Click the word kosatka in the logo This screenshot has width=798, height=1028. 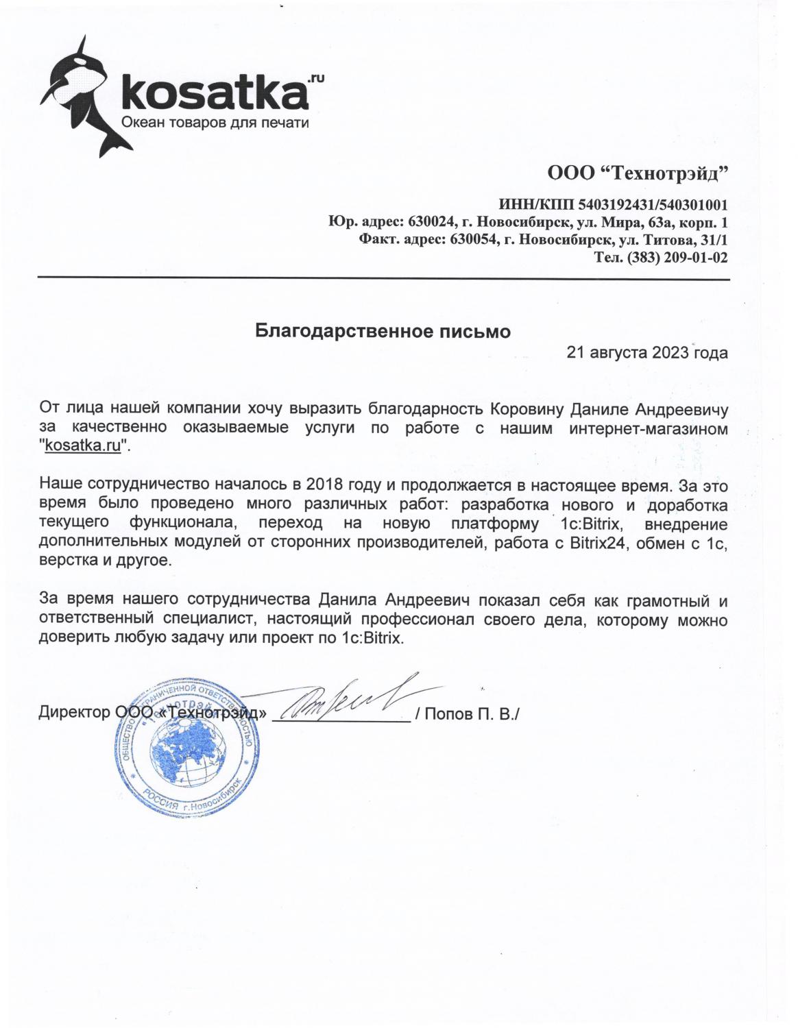(212, 95)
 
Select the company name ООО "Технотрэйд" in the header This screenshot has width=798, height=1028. (637, 172)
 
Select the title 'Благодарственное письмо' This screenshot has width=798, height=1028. (383, 332)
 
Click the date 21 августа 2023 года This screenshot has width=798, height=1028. (647, 353)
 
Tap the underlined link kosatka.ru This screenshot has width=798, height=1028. (83, 445)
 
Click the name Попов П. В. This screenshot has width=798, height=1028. (471, 714)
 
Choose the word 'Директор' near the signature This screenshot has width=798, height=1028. (74, 713)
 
